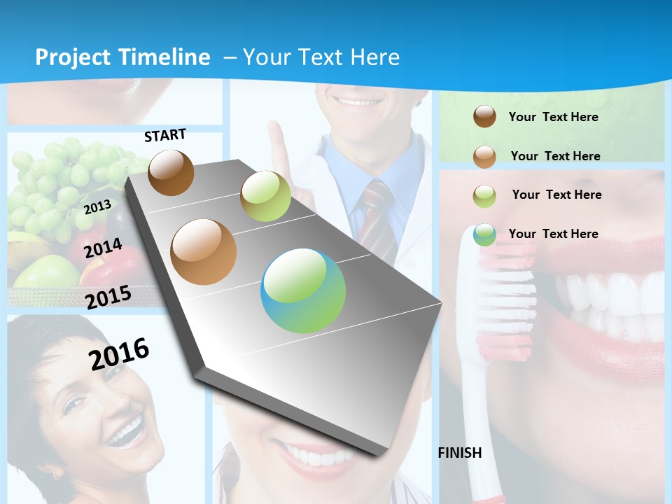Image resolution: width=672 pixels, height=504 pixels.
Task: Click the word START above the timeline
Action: point(165,135)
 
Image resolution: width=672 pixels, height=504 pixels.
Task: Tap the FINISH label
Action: point(460,453)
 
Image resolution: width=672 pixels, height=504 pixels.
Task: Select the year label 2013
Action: point(98,206)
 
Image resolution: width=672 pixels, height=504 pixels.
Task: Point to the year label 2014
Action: point(103,248)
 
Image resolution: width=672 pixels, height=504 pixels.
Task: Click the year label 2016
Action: point(119,353)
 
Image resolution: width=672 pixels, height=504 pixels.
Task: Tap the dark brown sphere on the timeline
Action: point(171,172)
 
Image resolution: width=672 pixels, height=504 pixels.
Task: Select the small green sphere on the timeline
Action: point(265,196)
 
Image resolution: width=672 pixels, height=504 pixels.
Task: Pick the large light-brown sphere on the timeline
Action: point(204,252)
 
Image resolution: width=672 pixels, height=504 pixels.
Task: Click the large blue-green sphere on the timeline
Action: point(303,290)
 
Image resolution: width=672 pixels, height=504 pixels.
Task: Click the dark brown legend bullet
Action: point(484,116)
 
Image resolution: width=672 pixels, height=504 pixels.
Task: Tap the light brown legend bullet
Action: point(484,156)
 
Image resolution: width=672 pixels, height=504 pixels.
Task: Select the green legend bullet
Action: point(484,195)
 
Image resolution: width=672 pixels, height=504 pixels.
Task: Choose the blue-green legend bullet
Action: point(484,234)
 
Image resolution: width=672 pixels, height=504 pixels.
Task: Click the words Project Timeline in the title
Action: point(122,57)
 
